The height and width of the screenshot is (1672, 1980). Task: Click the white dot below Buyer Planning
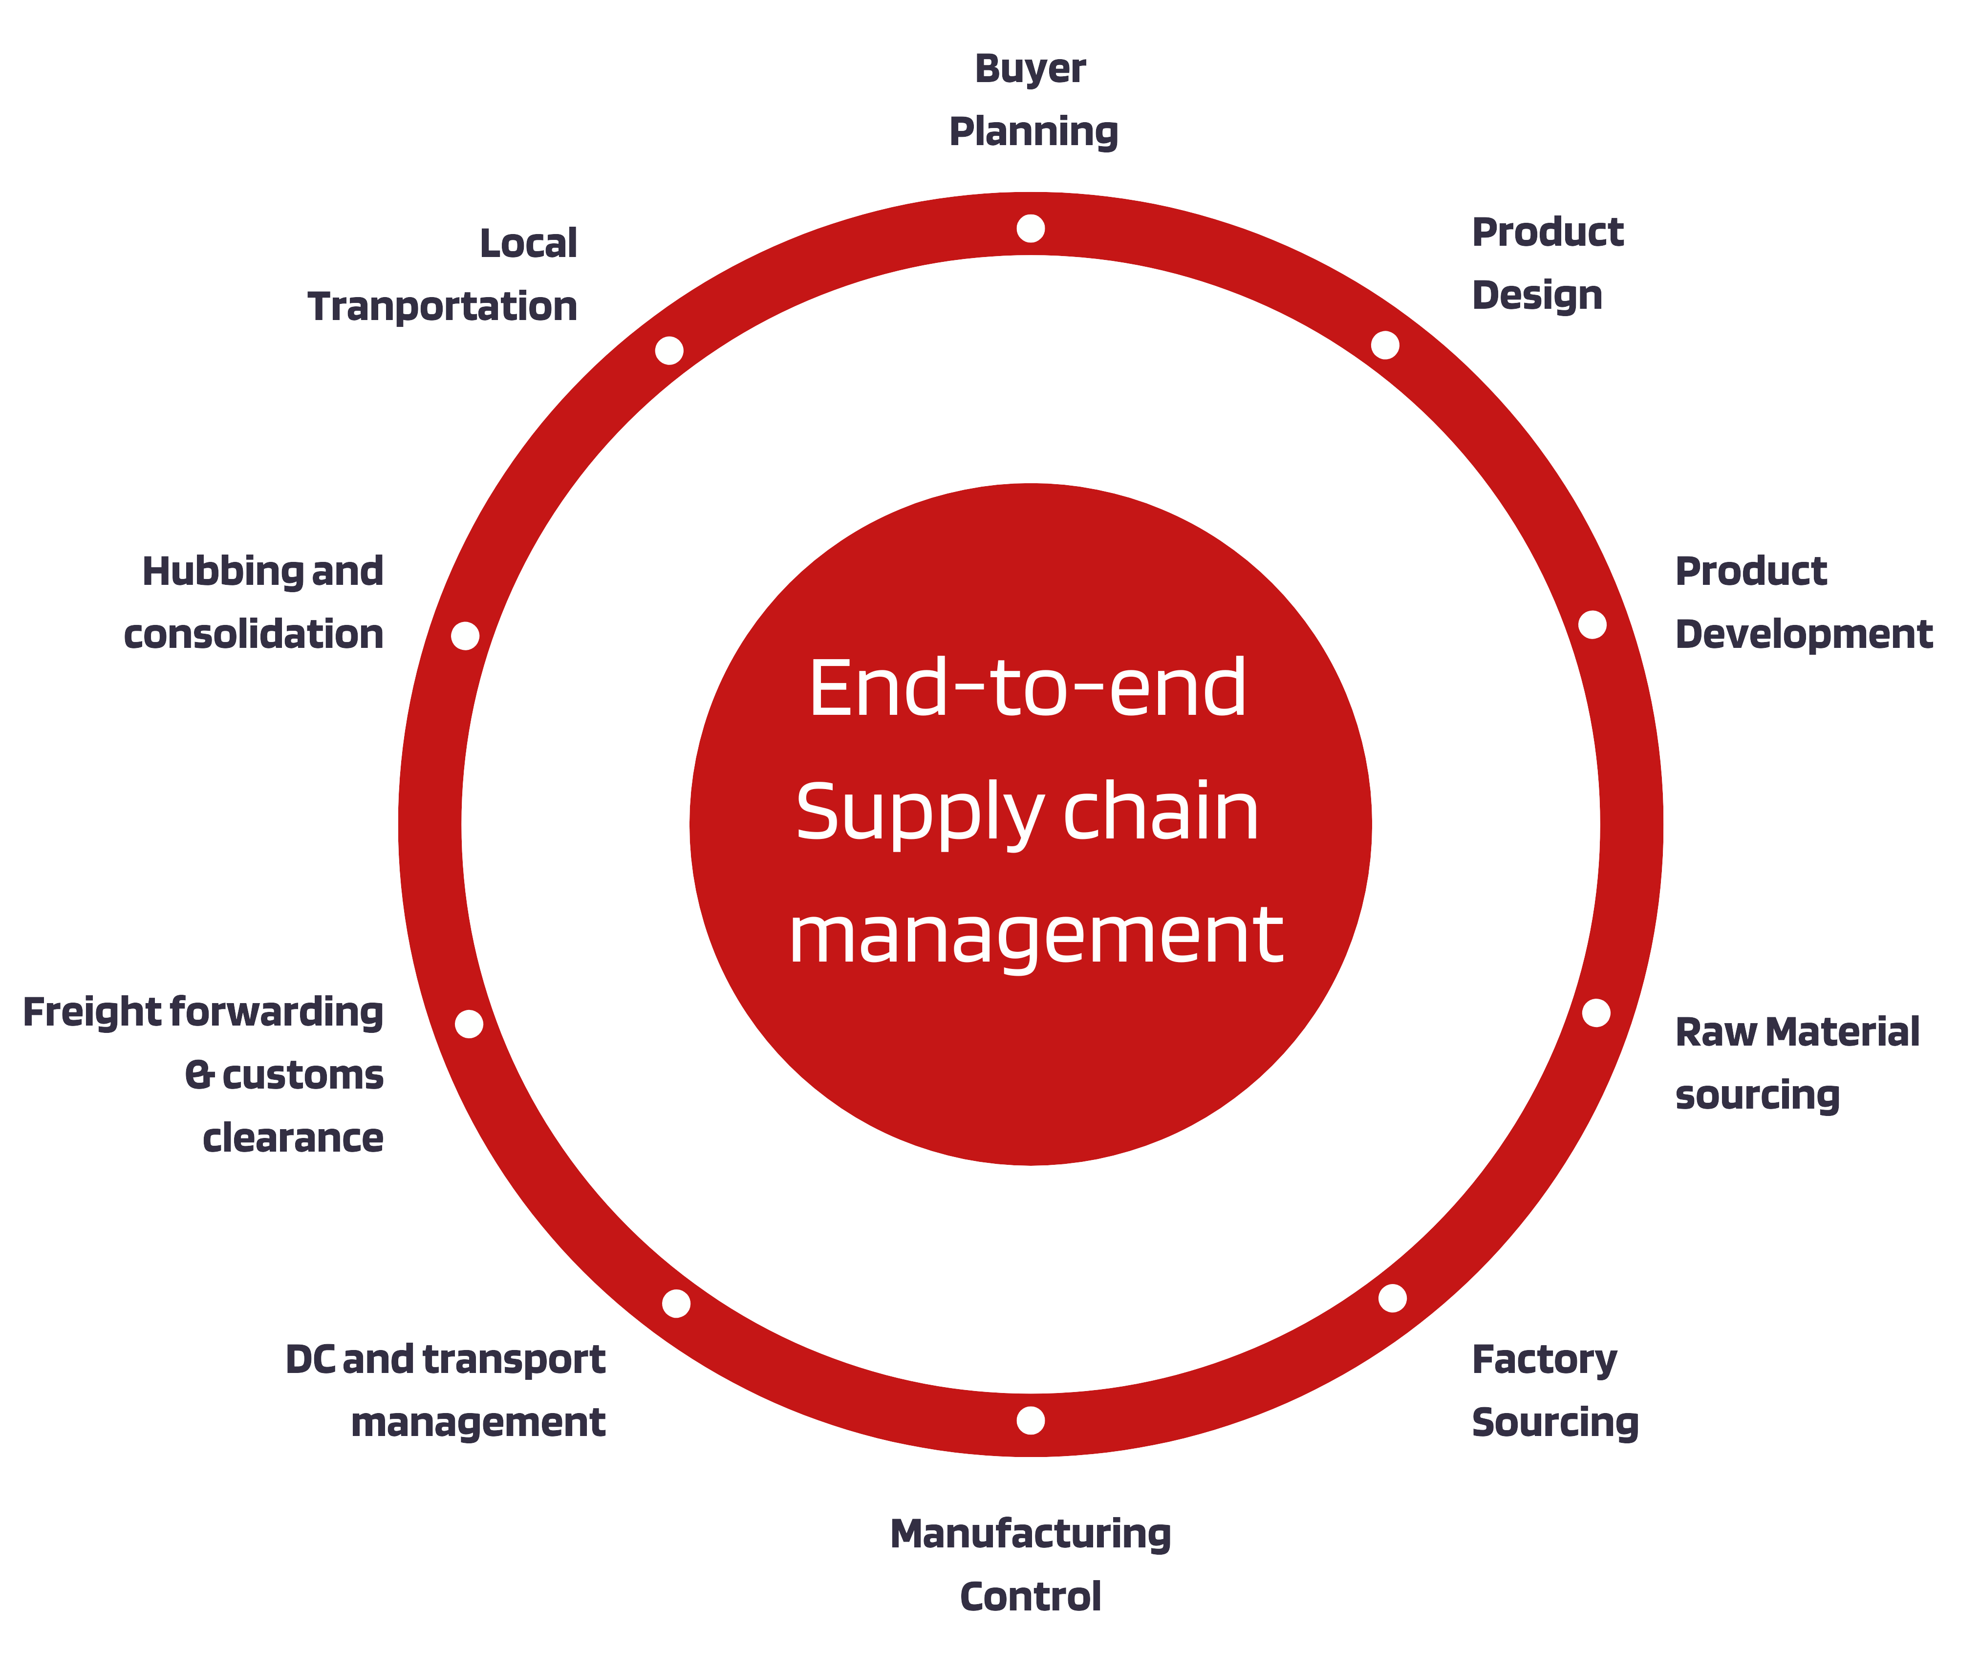[1030, 229]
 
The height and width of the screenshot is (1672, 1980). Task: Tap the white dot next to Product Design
[1385, 345]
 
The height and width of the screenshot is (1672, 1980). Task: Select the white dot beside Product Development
[1593, 624]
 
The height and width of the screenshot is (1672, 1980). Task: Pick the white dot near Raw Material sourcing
[1596, 1012]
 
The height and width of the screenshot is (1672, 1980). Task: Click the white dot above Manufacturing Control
[1030, 1420]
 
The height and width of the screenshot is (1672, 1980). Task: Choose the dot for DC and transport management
[676, 1303]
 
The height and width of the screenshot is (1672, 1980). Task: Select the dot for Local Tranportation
[669, 351]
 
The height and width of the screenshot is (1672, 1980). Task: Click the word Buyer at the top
[1030, 69]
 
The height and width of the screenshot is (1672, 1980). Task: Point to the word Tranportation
[443, 307]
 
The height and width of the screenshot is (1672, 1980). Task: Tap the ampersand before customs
[199, 1075]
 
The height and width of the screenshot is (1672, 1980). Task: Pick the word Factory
[1544, 1360]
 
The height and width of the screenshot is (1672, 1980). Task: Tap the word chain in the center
[1161, 813]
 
